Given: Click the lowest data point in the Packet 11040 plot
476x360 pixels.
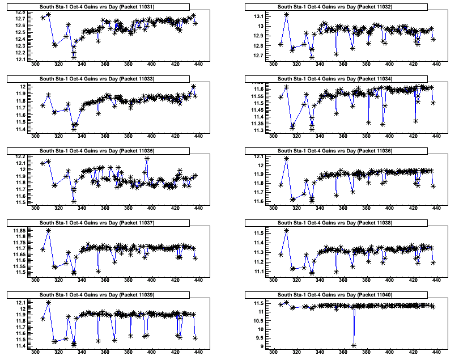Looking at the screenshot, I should click(x=354, y=345).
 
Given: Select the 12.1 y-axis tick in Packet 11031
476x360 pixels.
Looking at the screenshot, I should click(x=19, y=59).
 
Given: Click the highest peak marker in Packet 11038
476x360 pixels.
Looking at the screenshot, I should click(x=286, y=230).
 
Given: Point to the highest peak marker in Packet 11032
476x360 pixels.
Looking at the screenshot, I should click(x=286, y=14).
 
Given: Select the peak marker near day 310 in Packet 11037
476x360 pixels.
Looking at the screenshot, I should click(x=48, y=230).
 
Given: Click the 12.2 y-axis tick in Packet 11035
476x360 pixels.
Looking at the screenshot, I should click(x=19, y=156).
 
